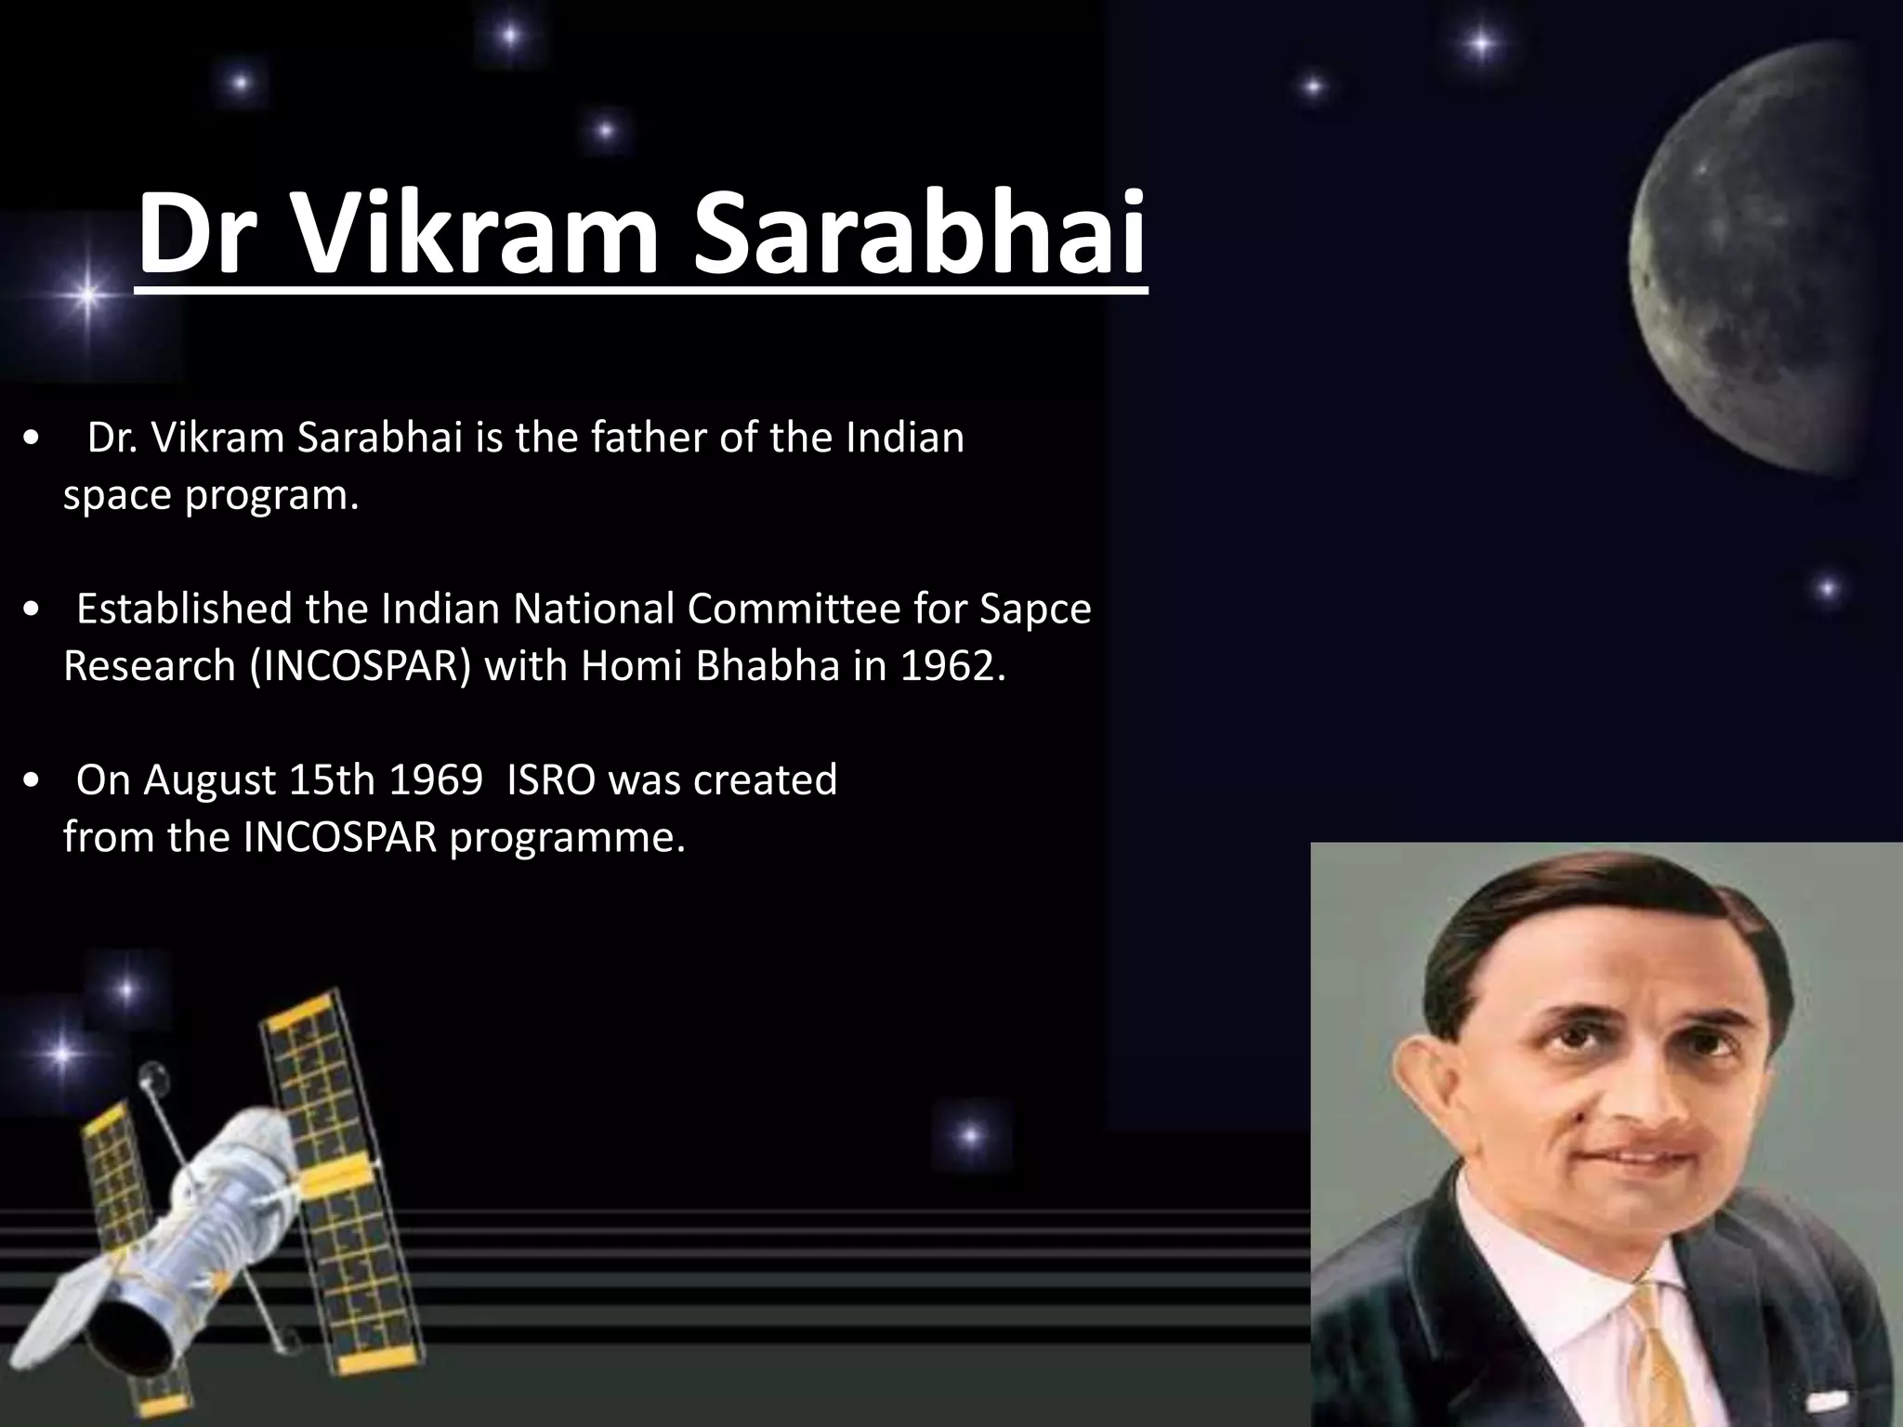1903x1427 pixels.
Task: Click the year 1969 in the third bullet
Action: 435,779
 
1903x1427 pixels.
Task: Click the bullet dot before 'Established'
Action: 33,609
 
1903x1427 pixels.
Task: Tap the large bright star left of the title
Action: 86,296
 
